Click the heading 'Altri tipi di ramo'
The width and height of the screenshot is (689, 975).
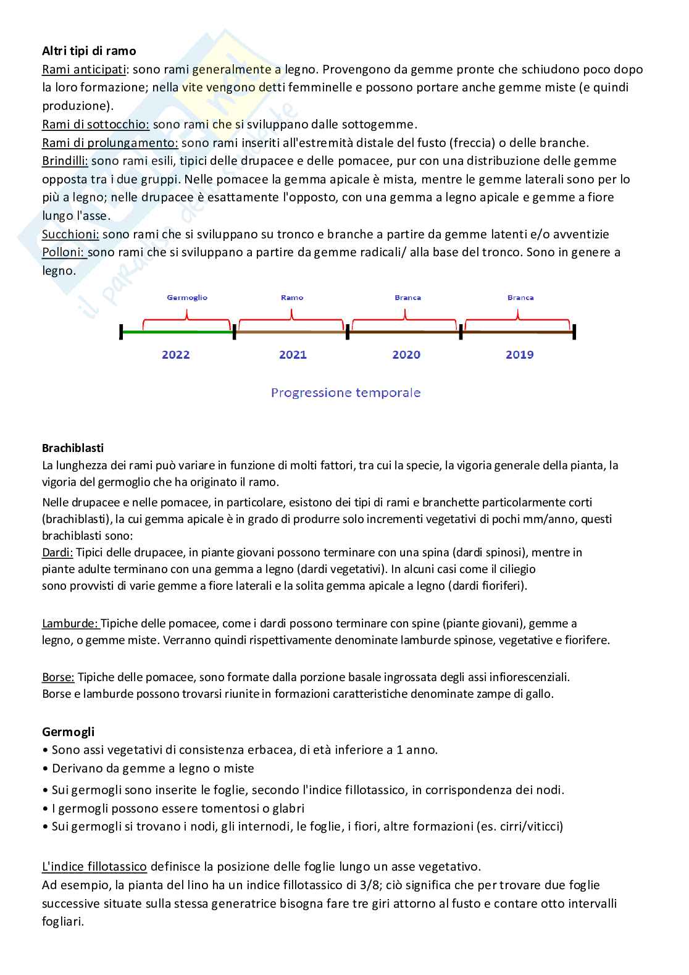[x=89, y=51]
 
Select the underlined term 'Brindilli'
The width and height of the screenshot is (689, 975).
[x=65, y=161]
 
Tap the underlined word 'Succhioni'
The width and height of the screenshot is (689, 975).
[x=70, y=235]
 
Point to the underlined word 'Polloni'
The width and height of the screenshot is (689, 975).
[x=63, y=253]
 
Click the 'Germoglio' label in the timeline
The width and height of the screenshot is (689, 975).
[x=187, y=298]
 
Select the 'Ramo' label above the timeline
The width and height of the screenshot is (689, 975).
[x=292, y=298]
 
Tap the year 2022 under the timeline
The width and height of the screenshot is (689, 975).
[x=176, y=355]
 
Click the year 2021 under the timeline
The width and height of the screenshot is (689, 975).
[x=293, y=355]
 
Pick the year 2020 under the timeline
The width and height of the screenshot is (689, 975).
[x=406, y=355]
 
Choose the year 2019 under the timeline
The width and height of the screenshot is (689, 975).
[x=519, y=355]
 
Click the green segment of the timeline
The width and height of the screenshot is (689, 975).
[x=178, y=332]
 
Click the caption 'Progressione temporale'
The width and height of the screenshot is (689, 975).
[x=346, y=393]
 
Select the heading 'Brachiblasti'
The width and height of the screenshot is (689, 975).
[x=73, y=448]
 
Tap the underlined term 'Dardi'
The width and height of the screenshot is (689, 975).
[x=57, y=553]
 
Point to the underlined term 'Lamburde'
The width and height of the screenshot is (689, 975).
[x=70, y=624]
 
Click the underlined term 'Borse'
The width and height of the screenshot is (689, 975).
[x=58, y=677]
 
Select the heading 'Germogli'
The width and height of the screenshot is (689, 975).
[x=69, y=732]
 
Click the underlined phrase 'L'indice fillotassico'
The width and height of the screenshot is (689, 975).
[x=94, y=867]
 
